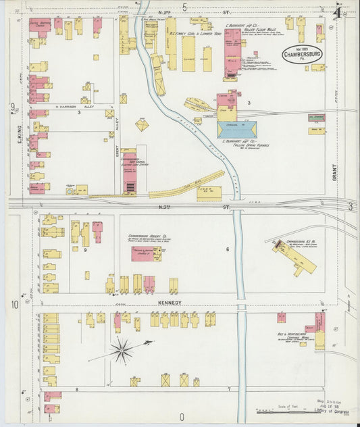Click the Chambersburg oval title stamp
coord(302,55)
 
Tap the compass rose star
coord(122,350)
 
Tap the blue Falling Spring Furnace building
coord(236,129)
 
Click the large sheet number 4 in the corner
coord(336,11)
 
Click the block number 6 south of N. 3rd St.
coord(228,250)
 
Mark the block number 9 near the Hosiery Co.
coord(86,250)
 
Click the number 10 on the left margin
coord(14,305)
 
